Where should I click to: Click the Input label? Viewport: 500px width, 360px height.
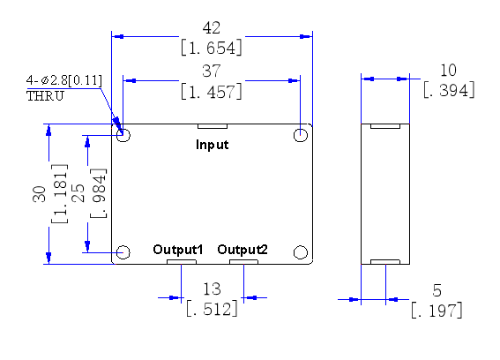pos(212,145)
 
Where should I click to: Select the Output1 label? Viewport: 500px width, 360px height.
pos(178,249)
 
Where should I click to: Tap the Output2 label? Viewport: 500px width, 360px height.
pos(243,249)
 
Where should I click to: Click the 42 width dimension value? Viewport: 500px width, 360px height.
pos(212,28)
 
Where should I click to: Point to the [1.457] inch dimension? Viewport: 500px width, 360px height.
pos(212,92)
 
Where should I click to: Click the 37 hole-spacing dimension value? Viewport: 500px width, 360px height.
pos(212,71)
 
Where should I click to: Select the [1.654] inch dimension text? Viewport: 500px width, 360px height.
pos(212,48)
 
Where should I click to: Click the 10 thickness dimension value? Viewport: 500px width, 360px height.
pos(448,71)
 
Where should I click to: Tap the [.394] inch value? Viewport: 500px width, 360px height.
pos(449,90)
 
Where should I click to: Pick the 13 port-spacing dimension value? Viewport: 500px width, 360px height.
pos(212,289)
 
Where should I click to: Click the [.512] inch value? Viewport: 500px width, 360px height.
pos(212,309)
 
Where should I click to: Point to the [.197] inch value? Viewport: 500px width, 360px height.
pos(437,311)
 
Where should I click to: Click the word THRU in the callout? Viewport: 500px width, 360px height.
pos(45,96)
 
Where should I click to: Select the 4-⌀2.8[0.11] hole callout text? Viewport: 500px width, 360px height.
pos(64,80)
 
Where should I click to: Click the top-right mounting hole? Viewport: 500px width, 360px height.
pos(301,135)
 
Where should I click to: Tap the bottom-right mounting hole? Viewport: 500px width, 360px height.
pos(301,252)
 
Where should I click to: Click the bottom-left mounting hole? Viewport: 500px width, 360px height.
pos(123,252)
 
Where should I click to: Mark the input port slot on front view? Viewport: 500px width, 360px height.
pos(213,126)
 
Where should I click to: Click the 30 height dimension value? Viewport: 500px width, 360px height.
pos(39,194)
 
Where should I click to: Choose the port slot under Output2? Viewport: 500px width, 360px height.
pos(243,262)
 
